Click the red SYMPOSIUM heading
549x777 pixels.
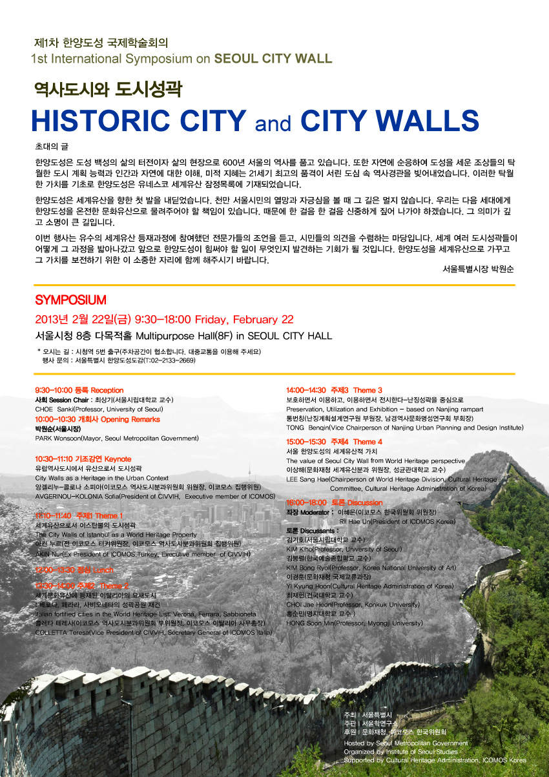(x=70, y=300)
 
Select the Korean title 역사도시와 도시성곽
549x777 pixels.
(x=108, y=90)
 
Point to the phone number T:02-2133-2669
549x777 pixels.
(x=168, y=360)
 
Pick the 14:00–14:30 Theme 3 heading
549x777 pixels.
(x=334, y=390)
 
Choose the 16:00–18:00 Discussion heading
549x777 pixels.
(x=334, y=502)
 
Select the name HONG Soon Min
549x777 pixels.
(x=311, y=623)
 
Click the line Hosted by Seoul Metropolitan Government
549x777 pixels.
(x=406, y=743)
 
